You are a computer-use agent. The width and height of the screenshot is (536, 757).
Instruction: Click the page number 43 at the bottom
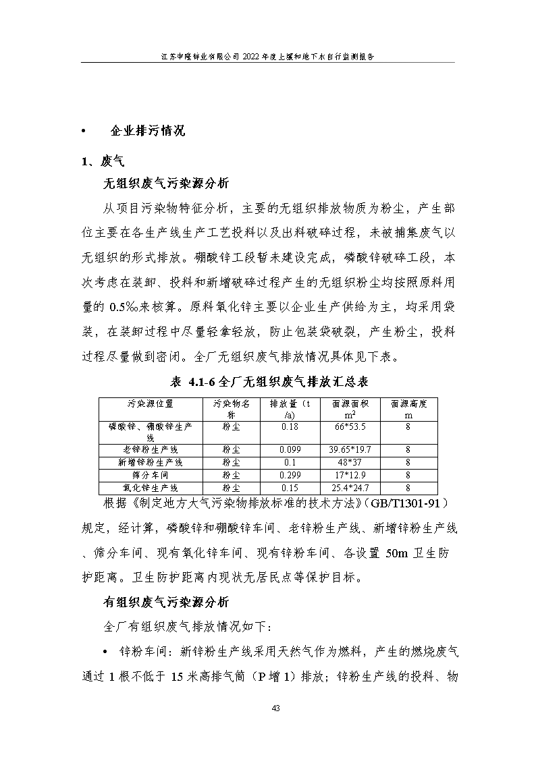[x=275, y=708]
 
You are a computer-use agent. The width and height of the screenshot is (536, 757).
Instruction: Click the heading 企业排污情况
[x=147, y=131]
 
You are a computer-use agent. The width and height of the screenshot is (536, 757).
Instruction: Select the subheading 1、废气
[x=103, y=161]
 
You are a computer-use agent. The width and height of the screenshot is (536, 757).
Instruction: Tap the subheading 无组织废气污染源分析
[x=165, y=183]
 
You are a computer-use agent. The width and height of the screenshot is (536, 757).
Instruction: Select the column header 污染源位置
[x=150, y=404]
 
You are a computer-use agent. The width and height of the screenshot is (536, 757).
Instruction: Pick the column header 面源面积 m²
[x=350, y=410]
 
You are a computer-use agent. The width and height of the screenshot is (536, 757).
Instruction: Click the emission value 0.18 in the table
[x=290, y=427]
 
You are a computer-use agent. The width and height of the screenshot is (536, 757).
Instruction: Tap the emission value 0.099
[x=290, y=449]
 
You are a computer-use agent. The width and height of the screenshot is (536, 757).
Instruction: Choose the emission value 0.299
[x=290, y=475]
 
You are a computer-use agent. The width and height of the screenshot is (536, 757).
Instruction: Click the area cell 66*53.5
[x=350, y=427]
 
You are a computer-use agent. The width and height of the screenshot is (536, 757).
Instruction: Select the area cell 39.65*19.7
[x=350, y=449]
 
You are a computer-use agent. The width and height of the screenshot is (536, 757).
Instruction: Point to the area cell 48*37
[x=350, y=462]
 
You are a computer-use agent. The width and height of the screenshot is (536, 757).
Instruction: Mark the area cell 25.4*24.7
[x=350, y=488]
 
